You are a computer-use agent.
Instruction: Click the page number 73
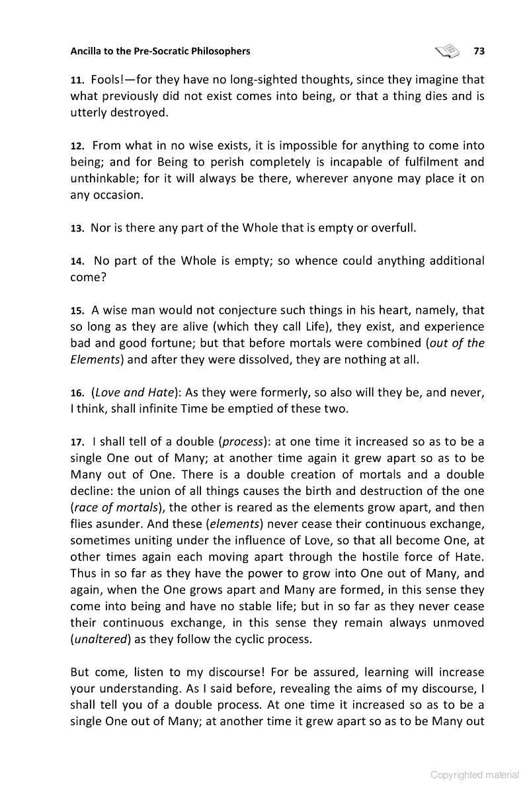(x=479, y=51)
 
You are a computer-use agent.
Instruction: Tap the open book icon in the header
(x=447, y=50)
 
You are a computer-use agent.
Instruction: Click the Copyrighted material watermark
(x=474, y=775)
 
